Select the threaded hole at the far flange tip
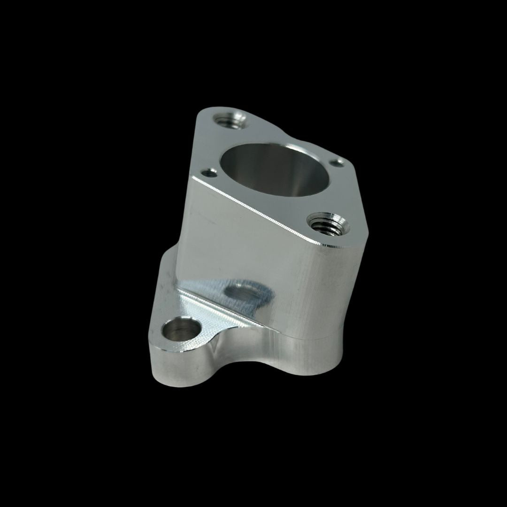(x=230, y=119)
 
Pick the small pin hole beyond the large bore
(x=337, y=162)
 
